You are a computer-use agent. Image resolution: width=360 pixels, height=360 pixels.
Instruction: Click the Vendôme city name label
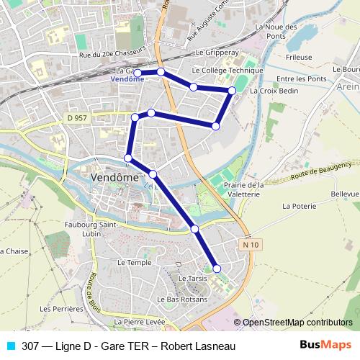[115, 176]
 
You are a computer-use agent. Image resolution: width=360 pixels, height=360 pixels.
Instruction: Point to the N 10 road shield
[249, 246]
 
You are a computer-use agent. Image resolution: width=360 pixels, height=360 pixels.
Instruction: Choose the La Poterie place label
[299, 206]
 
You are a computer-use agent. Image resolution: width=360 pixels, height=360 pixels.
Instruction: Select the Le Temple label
[134, 263]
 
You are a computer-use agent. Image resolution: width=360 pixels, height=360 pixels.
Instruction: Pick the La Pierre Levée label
[139, 321]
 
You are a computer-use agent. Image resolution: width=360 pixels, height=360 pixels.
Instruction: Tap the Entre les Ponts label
[297, 78]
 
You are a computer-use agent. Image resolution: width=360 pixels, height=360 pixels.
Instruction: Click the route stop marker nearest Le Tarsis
[217, 269]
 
